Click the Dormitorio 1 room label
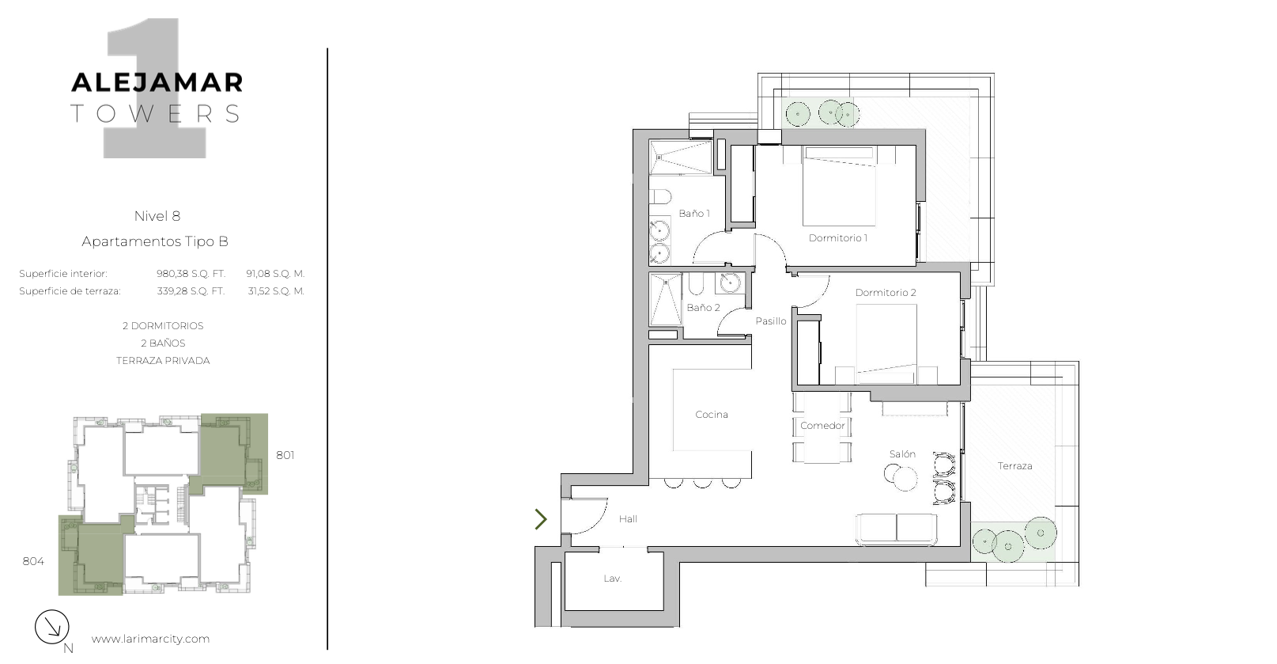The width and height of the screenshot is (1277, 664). point(838,238)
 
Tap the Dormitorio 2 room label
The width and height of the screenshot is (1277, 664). point(886,293)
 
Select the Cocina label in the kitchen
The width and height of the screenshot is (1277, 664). point(712,415)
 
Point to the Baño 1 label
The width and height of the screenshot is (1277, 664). point(693,214)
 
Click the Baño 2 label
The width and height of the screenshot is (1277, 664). point(703,308)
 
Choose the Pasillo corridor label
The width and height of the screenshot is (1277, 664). point(771,321)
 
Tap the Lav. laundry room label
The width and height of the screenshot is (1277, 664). point(612,579)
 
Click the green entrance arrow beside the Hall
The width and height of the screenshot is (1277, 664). point(541,519)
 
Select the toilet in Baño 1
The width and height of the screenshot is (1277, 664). point(660,197)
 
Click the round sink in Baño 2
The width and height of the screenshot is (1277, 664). point(730,282)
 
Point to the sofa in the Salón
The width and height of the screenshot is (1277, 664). point(896,529)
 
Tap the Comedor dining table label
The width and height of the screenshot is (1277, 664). point(822,426)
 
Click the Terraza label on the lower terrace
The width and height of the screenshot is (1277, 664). point(1014,466)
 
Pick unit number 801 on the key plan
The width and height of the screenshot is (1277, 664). point(285,455)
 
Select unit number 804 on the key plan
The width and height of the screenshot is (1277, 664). point(33,561)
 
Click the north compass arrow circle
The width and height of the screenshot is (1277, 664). point(52,627)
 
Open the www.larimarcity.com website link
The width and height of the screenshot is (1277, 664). point(150,639)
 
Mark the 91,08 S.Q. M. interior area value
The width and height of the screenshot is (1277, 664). point(275,274)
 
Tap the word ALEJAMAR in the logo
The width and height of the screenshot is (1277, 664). point(157,83)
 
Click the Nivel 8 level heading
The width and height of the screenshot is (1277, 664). point(157,216)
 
